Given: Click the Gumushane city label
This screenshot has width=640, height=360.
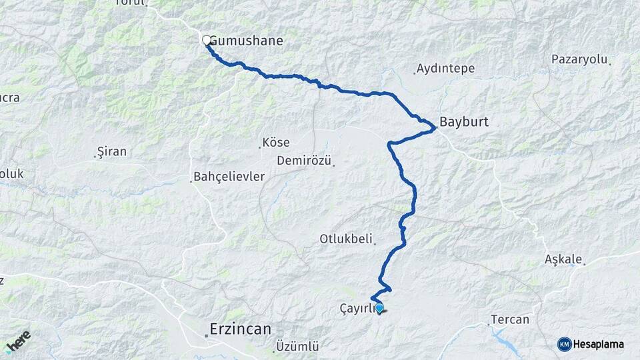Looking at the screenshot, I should pyautogui.click(x=247, y=41).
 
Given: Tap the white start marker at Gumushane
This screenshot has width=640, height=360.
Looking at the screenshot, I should pyautogui.click(x=207, y=40).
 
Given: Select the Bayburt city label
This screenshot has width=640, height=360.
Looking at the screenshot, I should pyautogui.click(x=464, y=123).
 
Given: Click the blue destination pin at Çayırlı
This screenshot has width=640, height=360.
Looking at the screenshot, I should pyautogui.click(x=379, y=308).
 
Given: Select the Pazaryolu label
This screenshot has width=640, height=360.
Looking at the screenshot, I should pyautogui.click(x=579, y=59).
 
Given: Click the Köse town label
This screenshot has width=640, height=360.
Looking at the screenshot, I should pyautogui.click(x=275, y=143).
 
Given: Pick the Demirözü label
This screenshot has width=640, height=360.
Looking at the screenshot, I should pyautogui.click(x=303, y=161).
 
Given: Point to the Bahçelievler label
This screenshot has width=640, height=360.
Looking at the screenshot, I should pyautogui.click(x=229, y=177).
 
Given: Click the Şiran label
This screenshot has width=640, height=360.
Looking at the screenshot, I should pyautogui.click(x=111, y=151).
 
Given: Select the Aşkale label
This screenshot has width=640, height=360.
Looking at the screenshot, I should pyautogui.click(x=563, y=259).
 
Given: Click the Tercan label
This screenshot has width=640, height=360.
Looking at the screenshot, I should pyautogui.click(x=509, y=319).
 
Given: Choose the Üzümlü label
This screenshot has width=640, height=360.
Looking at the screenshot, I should pyautogui.click(x=297, y=347).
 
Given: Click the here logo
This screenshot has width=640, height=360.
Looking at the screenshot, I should pyautogui.click(x=18, y=341).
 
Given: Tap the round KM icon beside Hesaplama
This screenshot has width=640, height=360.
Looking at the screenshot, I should pyautogui.click(x=564, y=344).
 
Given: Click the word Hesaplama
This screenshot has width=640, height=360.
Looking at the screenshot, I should pyautogui.click(x=599, y=344).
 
